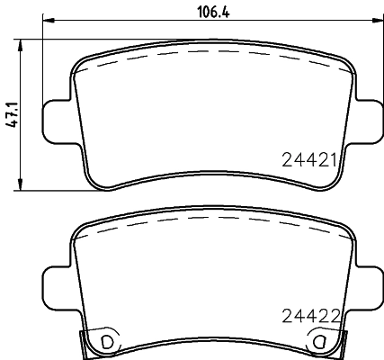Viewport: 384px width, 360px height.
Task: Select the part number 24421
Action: pos(308,161)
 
